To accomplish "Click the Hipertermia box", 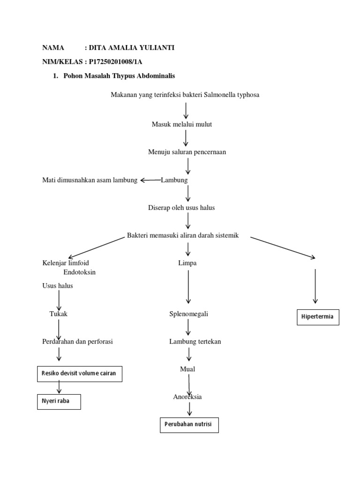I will [318, 317].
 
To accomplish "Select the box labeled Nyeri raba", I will [59, 401].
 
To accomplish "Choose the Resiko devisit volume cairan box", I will [79, 374].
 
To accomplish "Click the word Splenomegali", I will [188, 314].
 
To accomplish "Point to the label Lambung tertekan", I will [195, 341].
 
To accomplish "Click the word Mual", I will [187, 369].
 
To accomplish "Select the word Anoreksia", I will [187, 397].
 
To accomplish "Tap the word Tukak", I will [59, 314].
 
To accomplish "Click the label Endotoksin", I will [79, 272].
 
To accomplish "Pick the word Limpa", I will [187, 263].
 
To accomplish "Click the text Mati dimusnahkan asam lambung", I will [90, 180].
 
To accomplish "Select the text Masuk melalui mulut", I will [182, 124].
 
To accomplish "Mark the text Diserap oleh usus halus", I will [181, 207].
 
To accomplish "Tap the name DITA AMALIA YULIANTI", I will [126, 47].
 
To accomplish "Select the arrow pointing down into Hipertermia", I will [315, 286].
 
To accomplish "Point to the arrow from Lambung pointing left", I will [150, 180].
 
